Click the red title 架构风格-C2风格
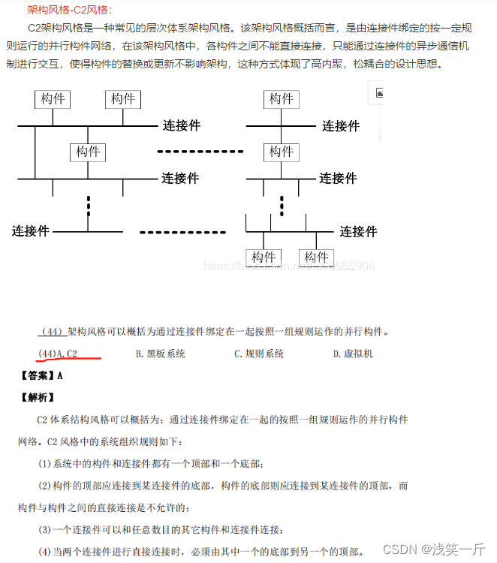(x=69, y=9)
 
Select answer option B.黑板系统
(x=160, y=354)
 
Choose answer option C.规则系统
(x=258, y=354)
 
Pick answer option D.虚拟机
(x=353, y=354)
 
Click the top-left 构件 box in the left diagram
(x=53, y=99)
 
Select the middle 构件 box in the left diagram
(x=88, y=152)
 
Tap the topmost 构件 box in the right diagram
(x=282, y=99)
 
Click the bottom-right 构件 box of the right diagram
(x=316, y=257)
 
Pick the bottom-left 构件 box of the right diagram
(x=264, y=257)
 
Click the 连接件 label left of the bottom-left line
(x=31, y=230)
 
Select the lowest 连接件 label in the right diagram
(x=358, y=231)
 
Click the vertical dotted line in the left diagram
(x=88, y=204)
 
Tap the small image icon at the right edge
(x=379, y=93)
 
